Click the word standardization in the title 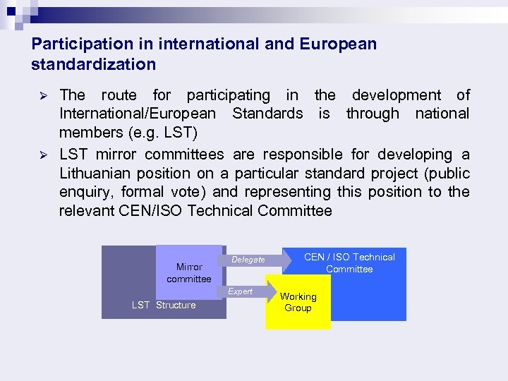(94, 64)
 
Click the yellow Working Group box (298, 303)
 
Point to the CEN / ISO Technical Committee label (349, 262)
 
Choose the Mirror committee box (189, 272)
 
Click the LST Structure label (164, 305)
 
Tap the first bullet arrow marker (41, 95)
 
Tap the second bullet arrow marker (41, 155)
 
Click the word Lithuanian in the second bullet (97, 173)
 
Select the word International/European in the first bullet (138, 114)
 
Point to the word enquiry (85, 192)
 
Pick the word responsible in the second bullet (302, 155)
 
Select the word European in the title (338, 44)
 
